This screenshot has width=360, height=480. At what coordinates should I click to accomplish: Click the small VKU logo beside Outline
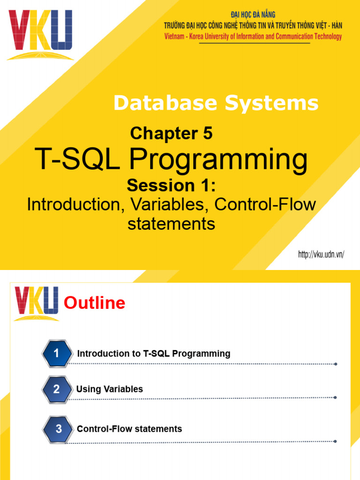tap(37, 303)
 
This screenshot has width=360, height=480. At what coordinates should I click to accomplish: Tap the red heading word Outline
tap(94, 303)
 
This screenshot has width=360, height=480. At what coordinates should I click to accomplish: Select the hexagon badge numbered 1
tap(56, 354)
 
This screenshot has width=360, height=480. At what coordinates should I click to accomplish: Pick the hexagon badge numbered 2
tap(56, 389)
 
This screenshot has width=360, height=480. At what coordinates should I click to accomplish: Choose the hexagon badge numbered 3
tap(58, 429)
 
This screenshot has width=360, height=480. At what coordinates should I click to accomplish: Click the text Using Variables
tap(110, 389)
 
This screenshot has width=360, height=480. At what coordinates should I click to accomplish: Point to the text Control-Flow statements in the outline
tap(129, 429)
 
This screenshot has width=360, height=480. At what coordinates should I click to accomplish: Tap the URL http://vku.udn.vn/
tap(321, 255)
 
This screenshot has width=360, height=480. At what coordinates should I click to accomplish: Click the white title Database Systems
tap(216, 103)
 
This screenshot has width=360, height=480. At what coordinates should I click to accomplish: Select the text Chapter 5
tap(171, 134)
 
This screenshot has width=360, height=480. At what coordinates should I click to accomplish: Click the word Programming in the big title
tap(218, 160)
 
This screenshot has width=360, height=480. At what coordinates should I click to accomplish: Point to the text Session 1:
tap(171, 186)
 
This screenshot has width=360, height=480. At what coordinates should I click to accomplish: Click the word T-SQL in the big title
tap(79, 160)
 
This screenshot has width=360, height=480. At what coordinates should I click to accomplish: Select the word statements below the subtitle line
tap(171, 224)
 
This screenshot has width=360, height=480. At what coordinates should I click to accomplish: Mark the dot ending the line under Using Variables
tap(335, 397)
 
